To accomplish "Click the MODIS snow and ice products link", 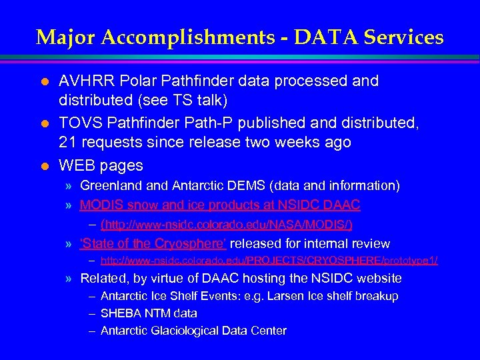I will (220, 205).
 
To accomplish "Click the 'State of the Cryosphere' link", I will (153, 244).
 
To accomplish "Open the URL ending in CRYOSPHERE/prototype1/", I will (269, 260).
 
